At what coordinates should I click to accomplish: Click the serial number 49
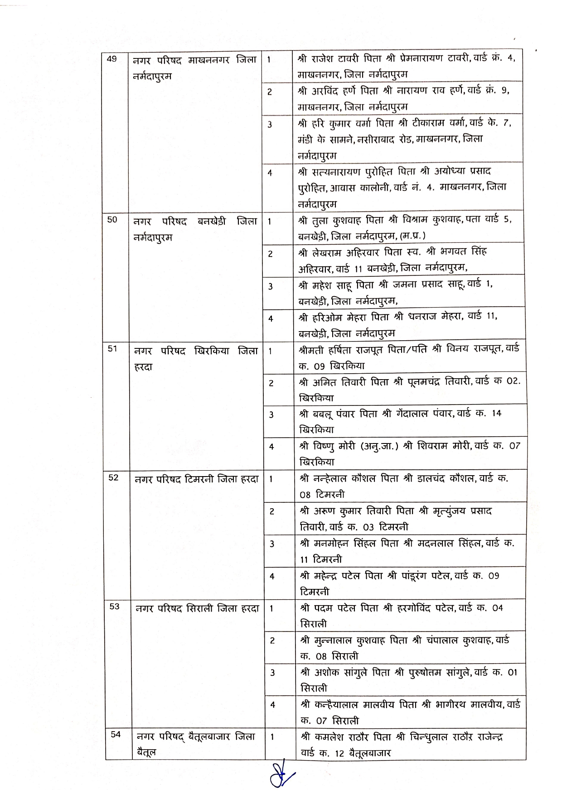pyautogui.click(x=111, y=58)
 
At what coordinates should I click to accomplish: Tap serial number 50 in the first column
pyautogui.click(x=112, y=220)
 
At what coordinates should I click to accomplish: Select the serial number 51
pyautogui.click(x=112, y=349)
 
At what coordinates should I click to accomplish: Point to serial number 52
pyautogui.click(x=113, y=477)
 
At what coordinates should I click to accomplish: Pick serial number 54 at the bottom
pyautogui.click(x=116, y=735)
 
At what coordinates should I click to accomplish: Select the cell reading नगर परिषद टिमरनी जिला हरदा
pyautogui.click(x=197, y=479)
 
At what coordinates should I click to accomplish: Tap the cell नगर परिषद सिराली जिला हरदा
pyautogui.click(x=198, y=608)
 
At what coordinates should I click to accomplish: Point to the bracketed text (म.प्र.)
pyautogui.click(x=410, y=236)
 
